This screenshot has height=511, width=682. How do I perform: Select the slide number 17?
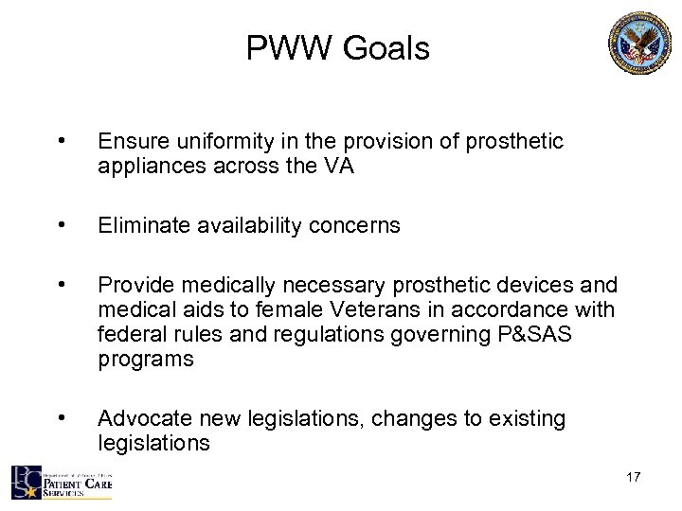[634, 477]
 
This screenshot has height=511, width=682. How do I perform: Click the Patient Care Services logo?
[62, 482]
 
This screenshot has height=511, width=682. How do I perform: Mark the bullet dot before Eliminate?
[61, 224]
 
